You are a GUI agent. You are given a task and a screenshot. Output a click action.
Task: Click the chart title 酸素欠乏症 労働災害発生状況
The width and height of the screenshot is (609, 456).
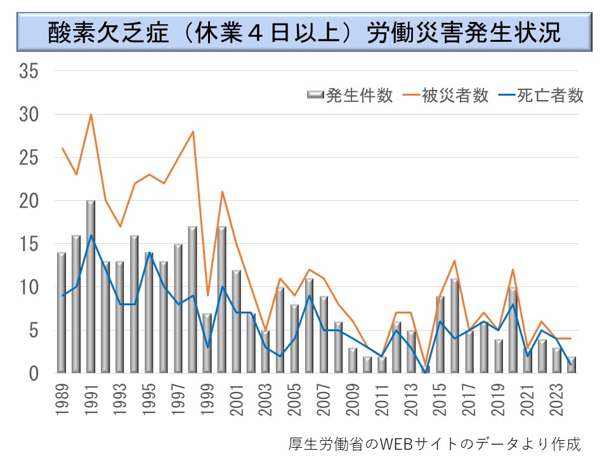coord(304,34)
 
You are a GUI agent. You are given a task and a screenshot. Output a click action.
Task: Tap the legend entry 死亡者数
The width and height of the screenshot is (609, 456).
coord(549,96)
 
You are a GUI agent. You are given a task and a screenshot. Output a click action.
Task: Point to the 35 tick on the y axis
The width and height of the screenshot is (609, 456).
coord(29,72)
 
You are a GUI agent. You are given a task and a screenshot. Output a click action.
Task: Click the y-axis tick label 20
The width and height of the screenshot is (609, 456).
coord(29,201)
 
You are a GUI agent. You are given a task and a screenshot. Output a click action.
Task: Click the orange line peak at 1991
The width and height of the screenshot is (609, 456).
coord(91,115)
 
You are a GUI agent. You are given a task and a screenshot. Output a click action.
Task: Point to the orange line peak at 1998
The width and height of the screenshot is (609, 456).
coord(193,132)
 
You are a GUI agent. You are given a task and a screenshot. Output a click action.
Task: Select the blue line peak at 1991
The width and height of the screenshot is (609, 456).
coord(91,236)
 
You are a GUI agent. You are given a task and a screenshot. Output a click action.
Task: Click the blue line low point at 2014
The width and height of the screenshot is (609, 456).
coord(426,372)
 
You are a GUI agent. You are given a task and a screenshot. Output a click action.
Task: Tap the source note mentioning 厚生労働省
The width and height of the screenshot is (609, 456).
coord(434,443)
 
